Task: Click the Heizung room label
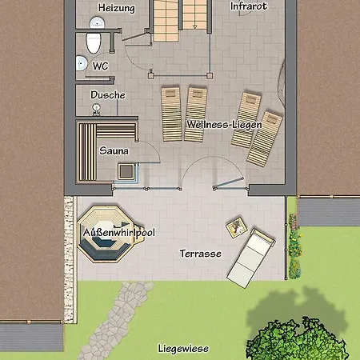[117, 8]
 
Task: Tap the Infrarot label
[249, 6]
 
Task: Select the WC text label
[101, 66]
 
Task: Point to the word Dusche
[108, 95]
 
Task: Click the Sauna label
[114, 150]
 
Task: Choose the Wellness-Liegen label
[224, 125]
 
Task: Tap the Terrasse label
[201, 254]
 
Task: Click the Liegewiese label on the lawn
[183, 349]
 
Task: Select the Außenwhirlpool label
[119, 233]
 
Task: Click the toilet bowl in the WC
[94, 42]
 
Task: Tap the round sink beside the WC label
[82, 63]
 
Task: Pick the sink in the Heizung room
[97, 22]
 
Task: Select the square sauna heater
[126, 171]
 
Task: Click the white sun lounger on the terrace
[251, 258]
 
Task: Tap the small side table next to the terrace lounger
[236, 227]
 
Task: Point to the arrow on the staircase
[194, 26]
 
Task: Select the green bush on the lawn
[298, 340]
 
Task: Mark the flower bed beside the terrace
[294, 246]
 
